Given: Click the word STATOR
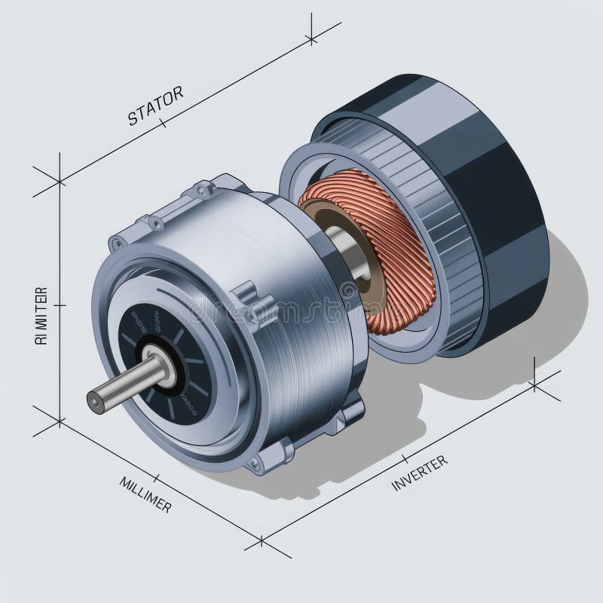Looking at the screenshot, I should tap(155, 106).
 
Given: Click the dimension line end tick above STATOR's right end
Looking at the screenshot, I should tap(311, 38).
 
